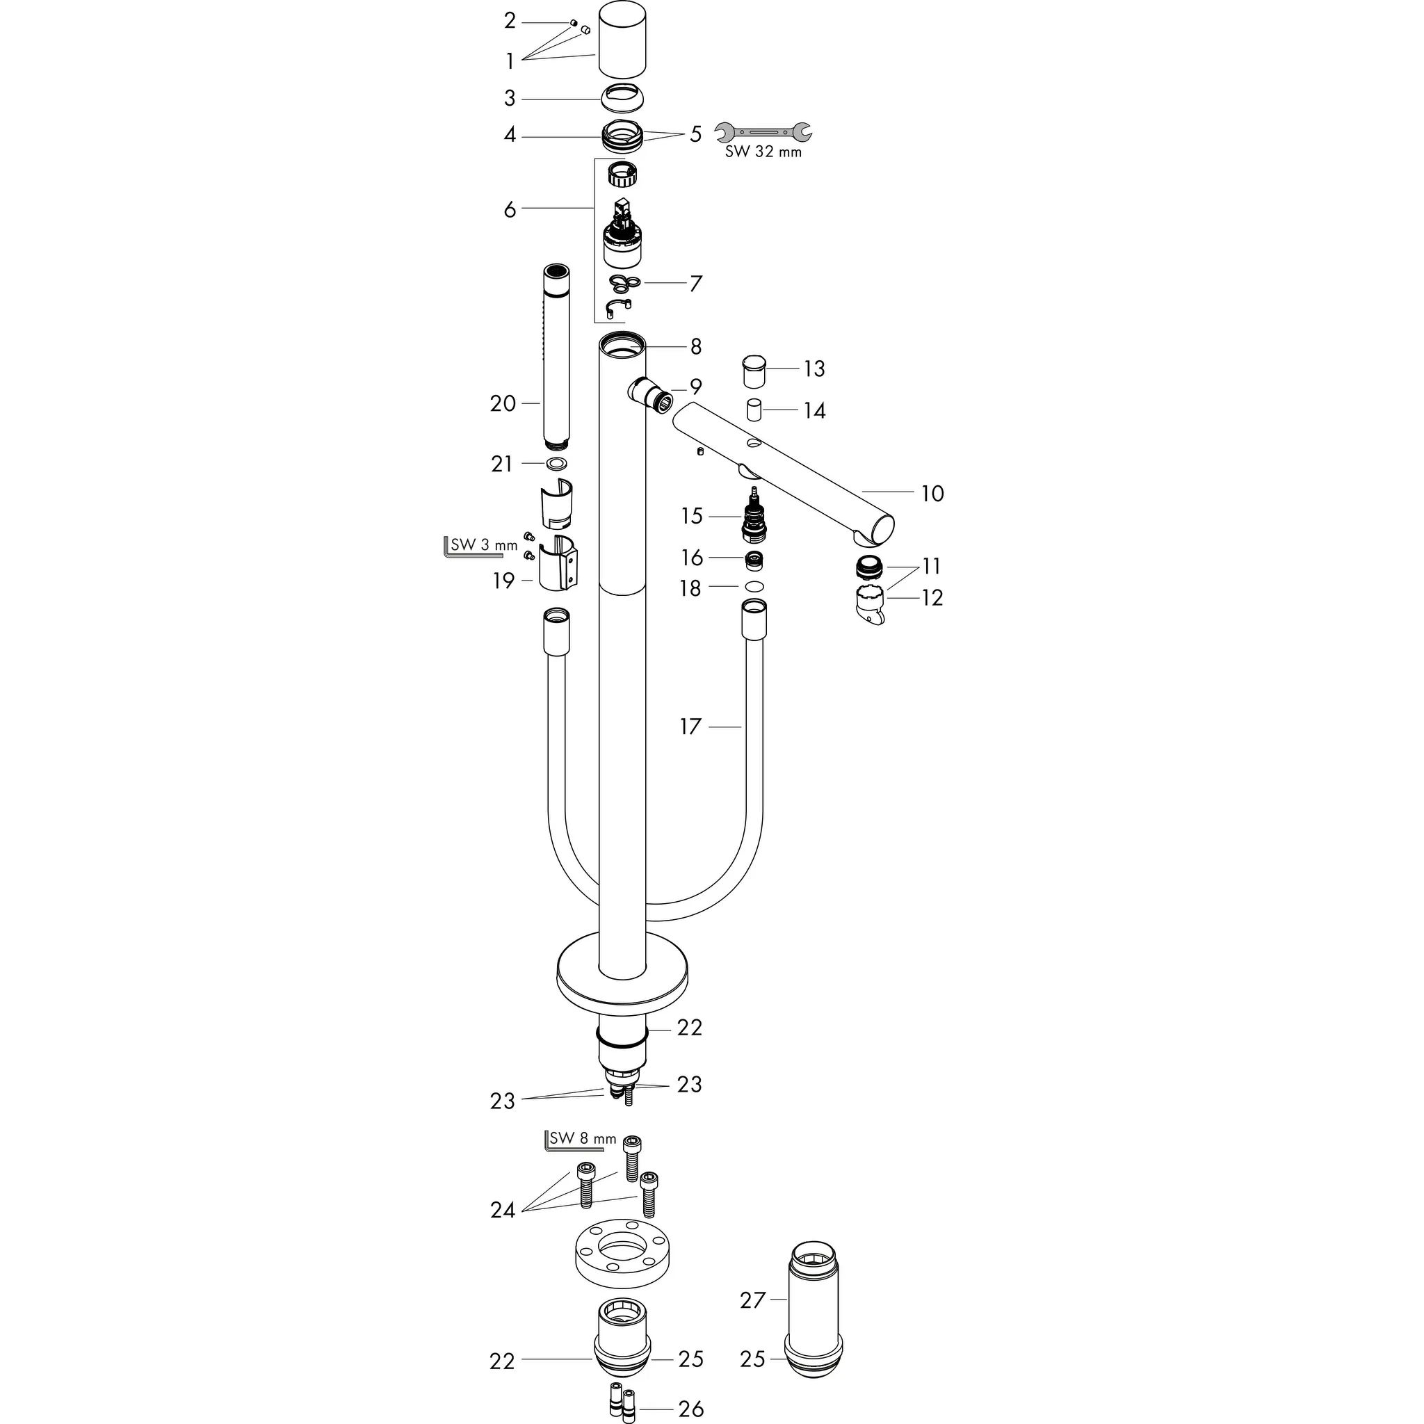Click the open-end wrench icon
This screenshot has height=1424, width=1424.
click(763, 132)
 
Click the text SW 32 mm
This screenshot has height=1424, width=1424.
click(763, 152)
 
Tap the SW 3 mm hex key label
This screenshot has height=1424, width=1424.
click(483, 545)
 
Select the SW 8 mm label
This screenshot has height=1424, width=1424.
click(582, 1138)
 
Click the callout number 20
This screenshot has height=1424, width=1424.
click(503, 404)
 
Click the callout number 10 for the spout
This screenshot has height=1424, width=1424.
click(932, 493)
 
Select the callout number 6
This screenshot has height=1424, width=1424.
click(510, 209)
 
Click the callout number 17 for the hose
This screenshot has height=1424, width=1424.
click(690, 727)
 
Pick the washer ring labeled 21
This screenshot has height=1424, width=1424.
click(556, 464)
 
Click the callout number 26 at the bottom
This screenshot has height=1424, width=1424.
click(690, 1409)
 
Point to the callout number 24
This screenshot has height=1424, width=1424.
click(503, 1210)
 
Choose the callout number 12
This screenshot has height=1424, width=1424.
click(932, 597)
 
